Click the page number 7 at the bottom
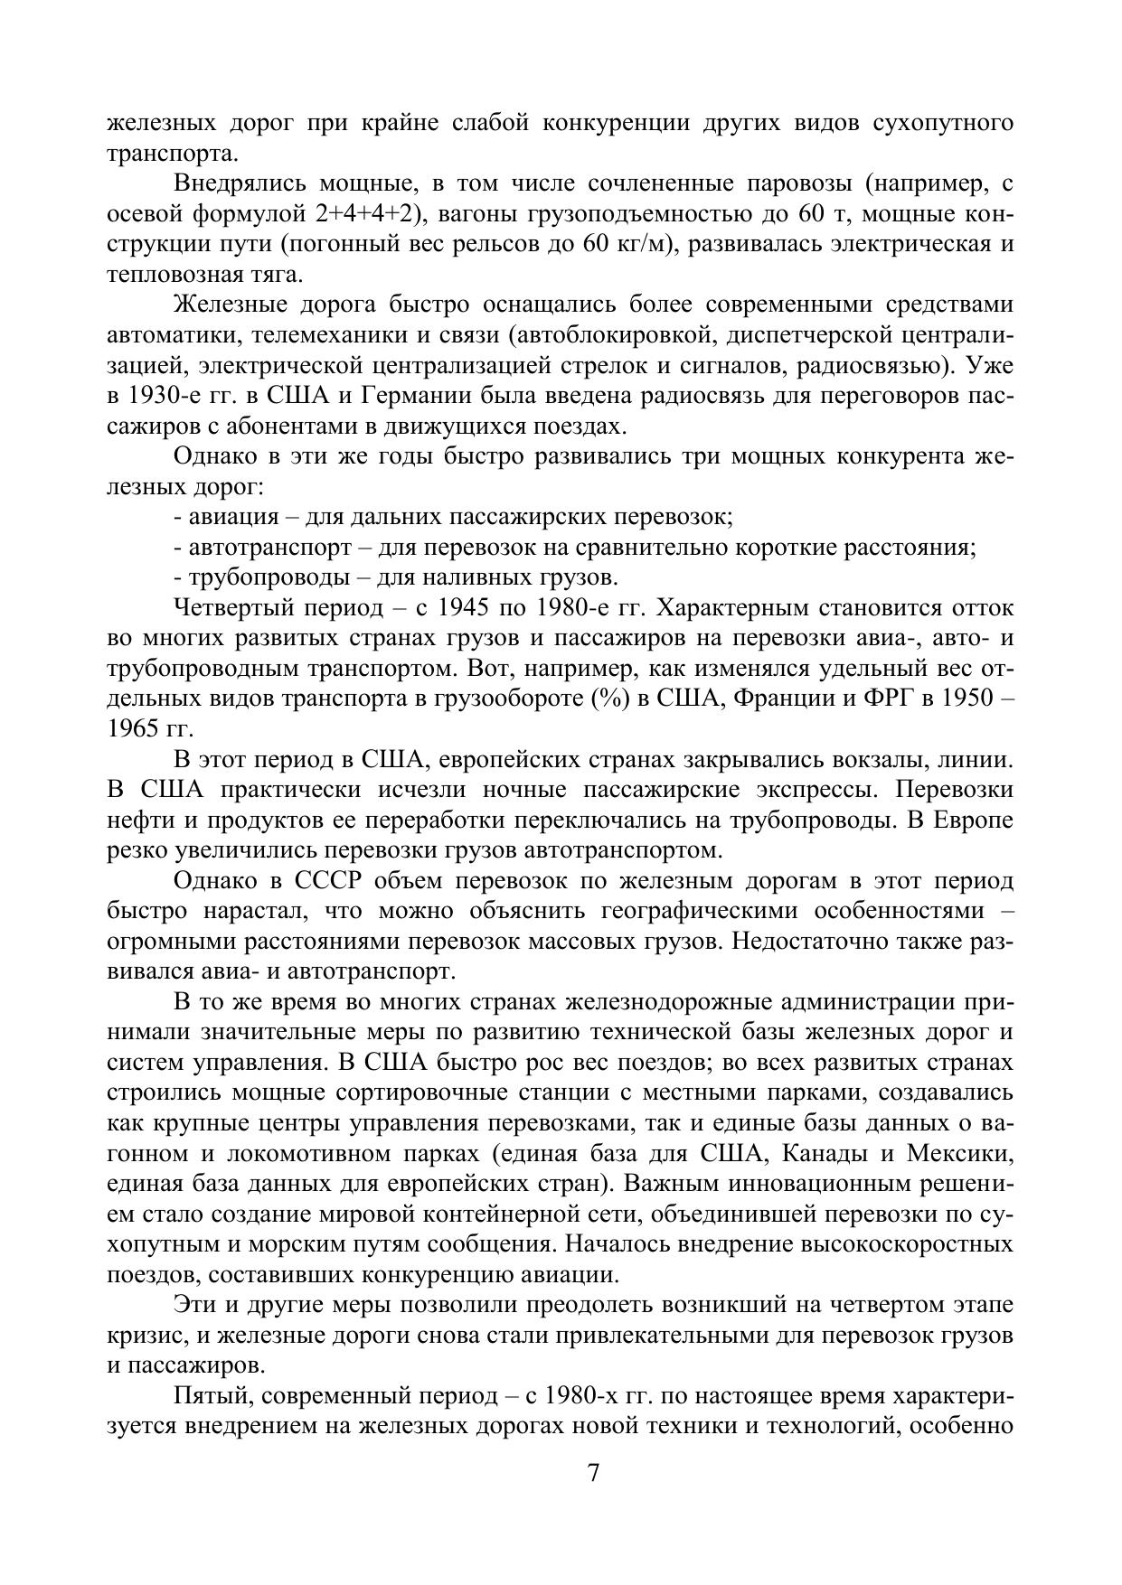coord(593,1472)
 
